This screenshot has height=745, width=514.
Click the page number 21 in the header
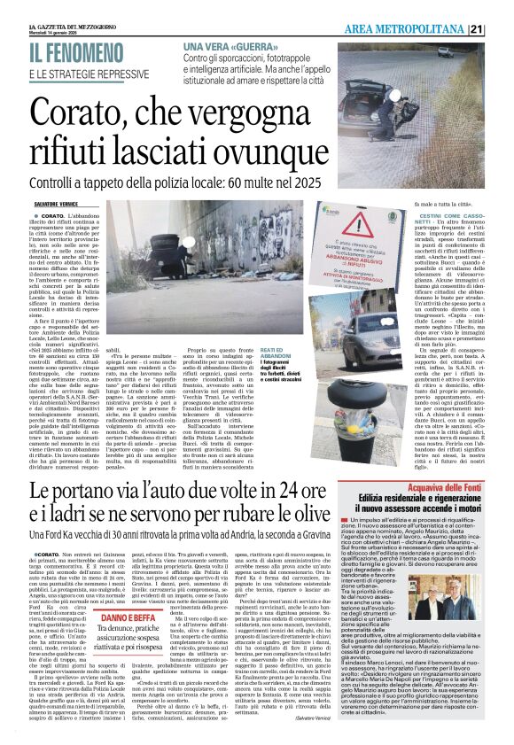(502, 30)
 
